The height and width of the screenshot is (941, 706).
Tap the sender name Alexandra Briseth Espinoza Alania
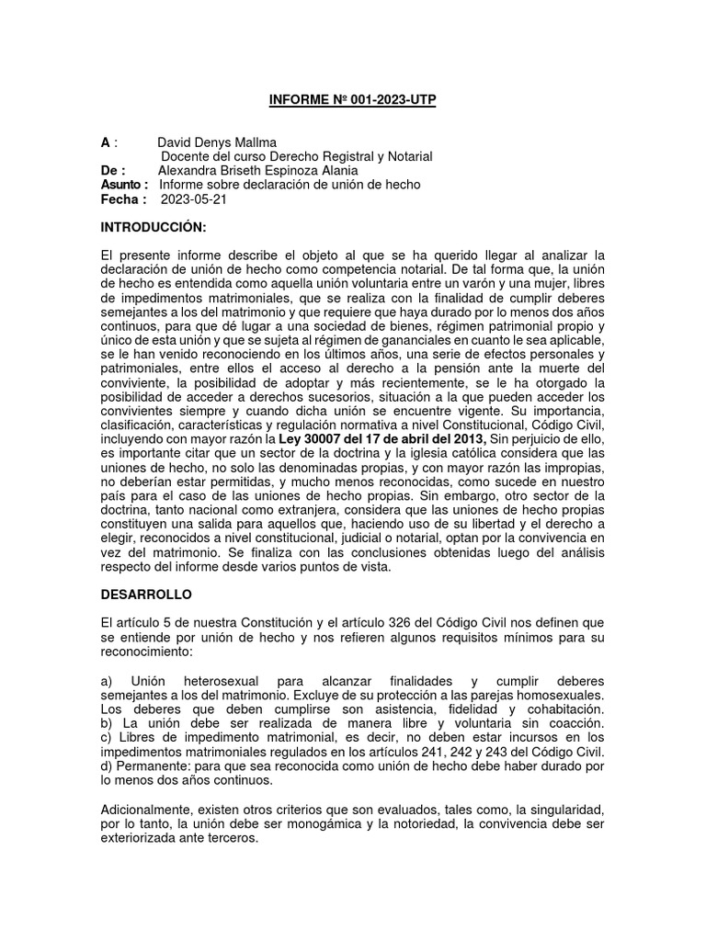click(258, 171)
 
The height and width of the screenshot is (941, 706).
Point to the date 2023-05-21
click(194, 199)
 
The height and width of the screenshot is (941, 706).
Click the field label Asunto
click(121, 185)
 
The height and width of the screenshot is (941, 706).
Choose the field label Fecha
click(120, 199)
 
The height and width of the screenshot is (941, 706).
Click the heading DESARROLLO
click(146, 595)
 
